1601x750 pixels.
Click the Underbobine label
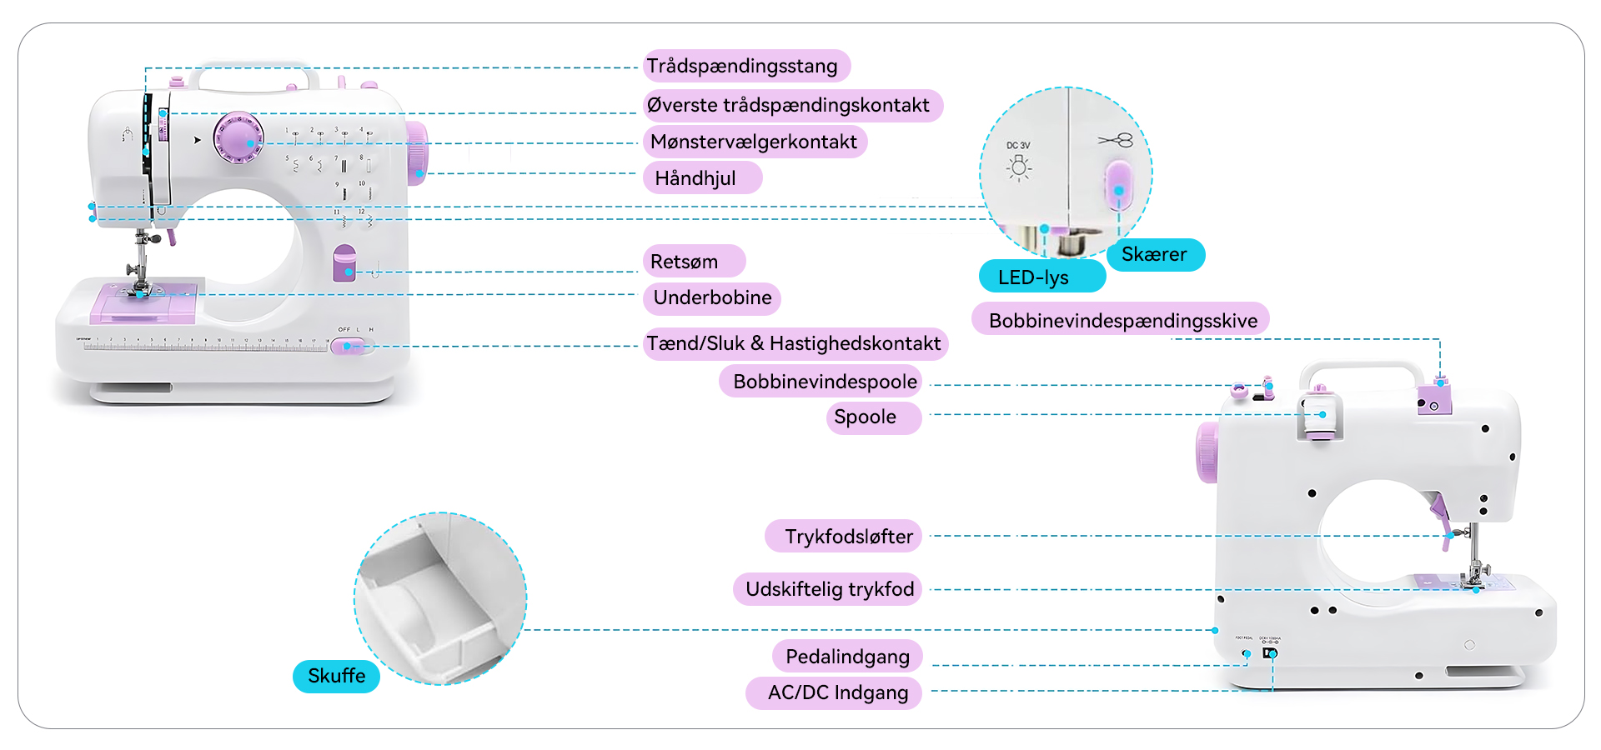click(x=711, y=297)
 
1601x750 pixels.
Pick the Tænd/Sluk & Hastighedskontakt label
click(x=795, y=343)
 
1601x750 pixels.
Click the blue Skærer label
click(x=1154, y=254)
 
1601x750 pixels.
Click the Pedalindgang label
click(x=846, y=657)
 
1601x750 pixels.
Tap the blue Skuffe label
click(x=336, y=676)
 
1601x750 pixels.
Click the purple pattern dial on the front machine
click(x=238, y=137)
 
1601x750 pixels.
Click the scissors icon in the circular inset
click(x=1116, y=140)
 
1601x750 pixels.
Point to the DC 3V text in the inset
click(x=1018, y=145)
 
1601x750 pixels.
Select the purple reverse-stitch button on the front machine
click(x=344, y=263)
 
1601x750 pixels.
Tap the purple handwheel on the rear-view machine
click(x=1207, y=452)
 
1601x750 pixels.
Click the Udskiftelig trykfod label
click(x=829, y=589)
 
